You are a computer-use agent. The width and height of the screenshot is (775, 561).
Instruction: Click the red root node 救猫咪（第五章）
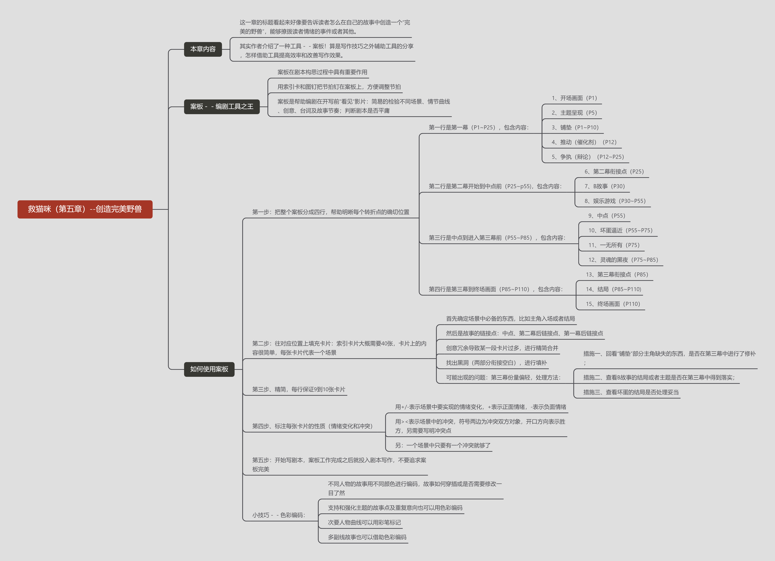[x=85, y=209]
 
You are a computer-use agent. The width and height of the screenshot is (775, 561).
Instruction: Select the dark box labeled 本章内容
[x=203, y=49]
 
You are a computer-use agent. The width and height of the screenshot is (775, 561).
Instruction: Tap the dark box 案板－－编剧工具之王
[x=222, y=107]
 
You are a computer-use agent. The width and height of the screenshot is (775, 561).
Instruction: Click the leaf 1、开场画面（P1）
[x=574, y=98]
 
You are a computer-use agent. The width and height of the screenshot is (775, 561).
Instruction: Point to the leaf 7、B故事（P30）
[x=604, y=186]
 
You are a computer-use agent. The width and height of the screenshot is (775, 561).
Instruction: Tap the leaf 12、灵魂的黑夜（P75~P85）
[x=623, y=260]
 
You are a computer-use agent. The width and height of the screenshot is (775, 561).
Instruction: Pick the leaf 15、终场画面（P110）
[x=613, y=304]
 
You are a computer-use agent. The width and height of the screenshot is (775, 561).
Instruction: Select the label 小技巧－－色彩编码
[x=278, y=515]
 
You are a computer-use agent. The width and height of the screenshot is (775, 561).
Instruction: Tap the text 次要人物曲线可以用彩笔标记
[x=364, y=522]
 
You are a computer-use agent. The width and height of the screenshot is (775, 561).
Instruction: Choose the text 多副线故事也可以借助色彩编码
[x=367, y=537]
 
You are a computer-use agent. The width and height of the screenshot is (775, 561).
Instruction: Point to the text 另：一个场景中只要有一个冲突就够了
[x=443, y=445]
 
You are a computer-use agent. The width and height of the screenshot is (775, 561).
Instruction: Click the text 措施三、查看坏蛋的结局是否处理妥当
[x=631, y=392]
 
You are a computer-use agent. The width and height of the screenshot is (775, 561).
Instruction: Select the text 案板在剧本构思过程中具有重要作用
[x=322, y=72]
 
